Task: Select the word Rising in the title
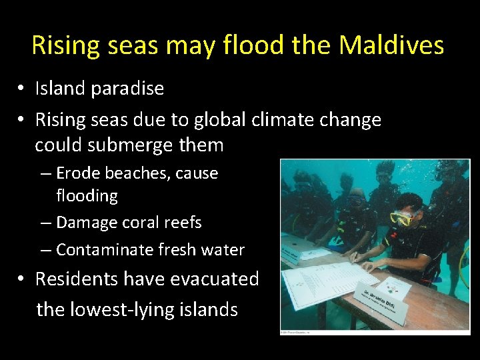(x=64, y=45)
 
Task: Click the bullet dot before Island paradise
(x=22, y=89)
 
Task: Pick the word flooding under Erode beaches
(x=87, y=196)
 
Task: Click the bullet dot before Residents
(x=22, y=279)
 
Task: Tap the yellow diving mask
(x=401, y=217)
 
